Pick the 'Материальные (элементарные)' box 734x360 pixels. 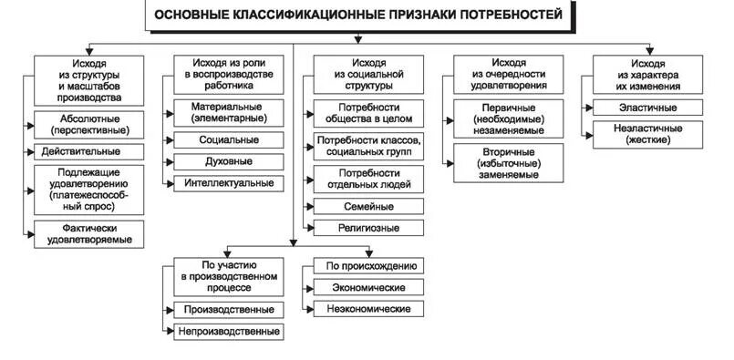228,112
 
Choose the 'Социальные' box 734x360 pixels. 228,140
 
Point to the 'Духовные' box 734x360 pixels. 228,161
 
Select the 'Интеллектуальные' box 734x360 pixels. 228,182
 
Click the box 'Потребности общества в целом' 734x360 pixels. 369,112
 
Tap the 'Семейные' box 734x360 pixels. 369,206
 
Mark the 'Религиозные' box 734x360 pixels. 369,227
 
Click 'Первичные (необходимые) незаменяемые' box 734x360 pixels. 510,119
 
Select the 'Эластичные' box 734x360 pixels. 648,108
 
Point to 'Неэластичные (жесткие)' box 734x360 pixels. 648,135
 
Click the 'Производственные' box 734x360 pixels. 228,310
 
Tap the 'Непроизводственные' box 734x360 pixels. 228,331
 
